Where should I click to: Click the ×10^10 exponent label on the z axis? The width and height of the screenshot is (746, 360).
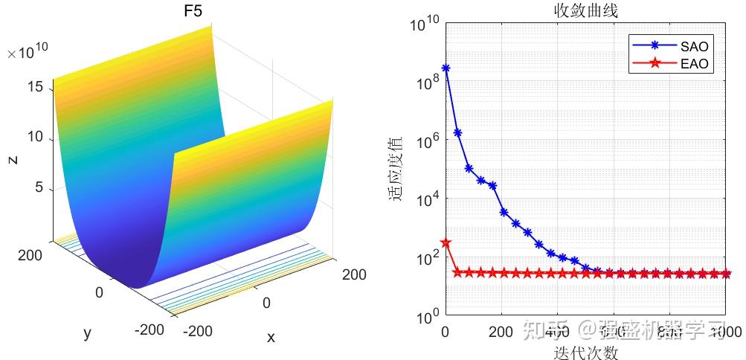pos(28,53)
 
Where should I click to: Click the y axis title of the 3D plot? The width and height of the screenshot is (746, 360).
pos(87,333)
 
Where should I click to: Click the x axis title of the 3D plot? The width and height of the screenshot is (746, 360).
pos(271,338)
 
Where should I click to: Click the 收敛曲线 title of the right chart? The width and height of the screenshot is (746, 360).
pos(585,10)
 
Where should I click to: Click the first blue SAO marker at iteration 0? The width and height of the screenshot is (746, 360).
pos(446,68)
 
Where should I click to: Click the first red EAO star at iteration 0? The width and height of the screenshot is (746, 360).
pos(446,242)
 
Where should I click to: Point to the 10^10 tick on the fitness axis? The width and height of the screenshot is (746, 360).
pos(425,24)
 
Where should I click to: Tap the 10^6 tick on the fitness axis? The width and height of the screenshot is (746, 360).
pos(425,141)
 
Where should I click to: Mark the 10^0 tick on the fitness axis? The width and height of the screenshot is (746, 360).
pos(425,317)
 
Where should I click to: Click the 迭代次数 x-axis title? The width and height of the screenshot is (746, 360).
pos(585,352)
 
